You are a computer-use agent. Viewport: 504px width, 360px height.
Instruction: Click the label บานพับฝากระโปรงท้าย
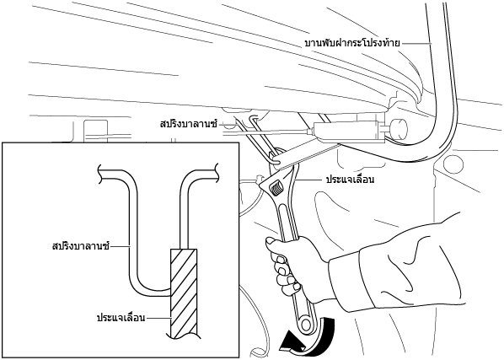pos(352,43)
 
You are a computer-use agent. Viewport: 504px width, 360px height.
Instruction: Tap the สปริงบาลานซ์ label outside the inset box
pos(189,124)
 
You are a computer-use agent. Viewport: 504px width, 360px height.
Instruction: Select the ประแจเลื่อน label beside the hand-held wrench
pos(350,180)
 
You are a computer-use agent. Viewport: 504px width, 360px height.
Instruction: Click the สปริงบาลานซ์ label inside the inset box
pos(81,246)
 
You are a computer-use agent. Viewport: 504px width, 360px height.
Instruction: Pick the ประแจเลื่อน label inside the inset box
pos(121,318)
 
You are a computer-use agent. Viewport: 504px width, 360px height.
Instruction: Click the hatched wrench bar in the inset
pos(184,293)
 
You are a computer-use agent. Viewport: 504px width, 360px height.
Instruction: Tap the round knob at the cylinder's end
pos(398,129)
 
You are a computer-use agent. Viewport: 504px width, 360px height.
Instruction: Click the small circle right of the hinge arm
pos(453,163)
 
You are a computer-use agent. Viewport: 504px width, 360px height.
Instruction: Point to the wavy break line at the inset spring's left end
pos(100,174)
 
